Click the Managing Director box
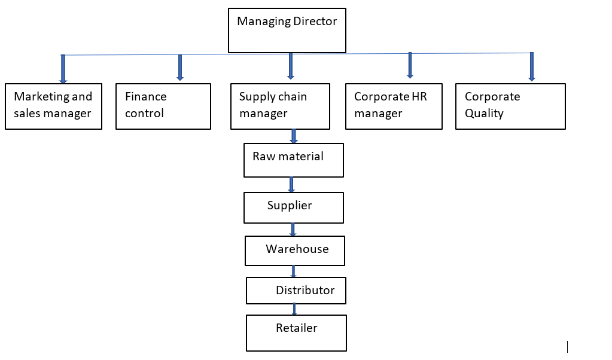click(x=287, y=30)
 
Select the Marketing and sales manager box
click(x=53, y=106)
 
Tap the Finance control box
click(x=163, y=106)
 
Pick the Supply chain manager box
click(x=280, y=106)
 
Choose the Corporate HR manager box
click(x=394, y=106)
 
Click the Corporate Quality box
click(x=510, y=106)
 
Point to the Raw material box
click(x=294, y=160)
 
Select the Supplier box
click(x=293, y=208)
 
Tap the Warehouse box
click(x=295, y=251)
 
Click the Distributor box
click(x=296, y=291)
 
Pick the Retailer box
click(x=296, y=332)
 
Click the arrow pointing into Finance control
click(x=179, y=67)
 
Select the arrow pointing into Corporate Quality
click(x=531, y=66)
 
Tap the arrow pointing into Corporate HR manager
click(x=410, y=65)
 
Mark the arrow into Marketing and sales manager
click(x=63, y=69)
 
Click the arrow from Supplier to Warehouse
click(x=293, y=230)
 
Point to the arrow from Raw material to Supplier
click(x=291, y=184)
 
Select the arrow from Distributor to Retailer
click(x=294, y=309)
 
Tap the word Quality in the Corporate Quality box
click(x=484, y=113)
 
